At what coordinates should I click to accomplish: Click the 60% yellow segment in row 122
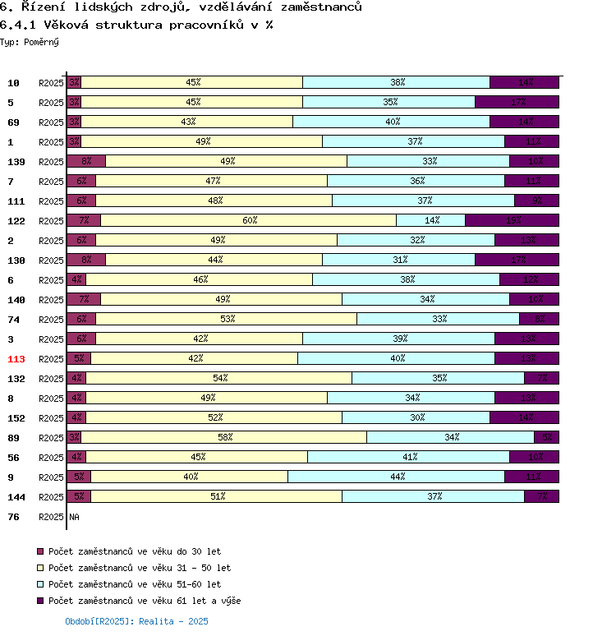coord(249,220)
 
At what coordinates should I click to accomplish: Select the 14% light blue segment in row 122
coord(431,220)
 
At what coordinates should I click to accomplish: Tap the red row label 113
coord(17,358)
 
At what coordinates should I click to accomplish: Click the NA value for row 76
coord(74,517)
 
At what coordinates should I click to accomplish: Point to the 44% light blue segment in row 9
coord(397,477)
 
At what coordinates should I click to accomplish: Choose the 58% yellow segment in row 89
coord(224,437)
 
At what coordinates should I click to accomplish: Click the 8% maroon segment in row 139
coord(86,161)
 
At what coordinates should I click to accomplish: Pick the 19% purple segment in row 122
coord(512,220)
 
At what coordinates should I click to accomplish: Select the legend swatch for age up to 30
coord(41,551)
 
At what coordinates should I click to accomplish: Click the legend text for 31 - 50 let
coord(140,568)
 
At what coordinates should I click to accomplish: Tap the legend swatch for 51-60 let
coord(41,584)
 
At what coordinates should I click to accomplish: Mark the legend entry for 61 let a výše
coord(145,601)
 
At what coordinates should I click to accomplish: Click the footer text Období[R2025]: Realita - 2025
coord(136,621)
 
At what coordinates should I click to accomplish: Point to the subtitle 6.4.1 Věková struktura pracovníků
coord(136,25)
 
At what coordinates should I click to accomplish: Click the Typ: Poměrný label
coord(30,41)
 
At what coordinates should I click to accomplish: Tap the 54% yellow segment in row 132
coord(219,378)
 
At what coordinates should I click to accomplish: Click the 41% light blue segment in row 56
coord(409,457)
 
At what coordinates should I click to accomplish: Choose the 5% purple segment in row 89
coord(547,437)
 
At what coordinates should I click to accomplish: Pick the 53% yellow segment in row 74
coord(227,319)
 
